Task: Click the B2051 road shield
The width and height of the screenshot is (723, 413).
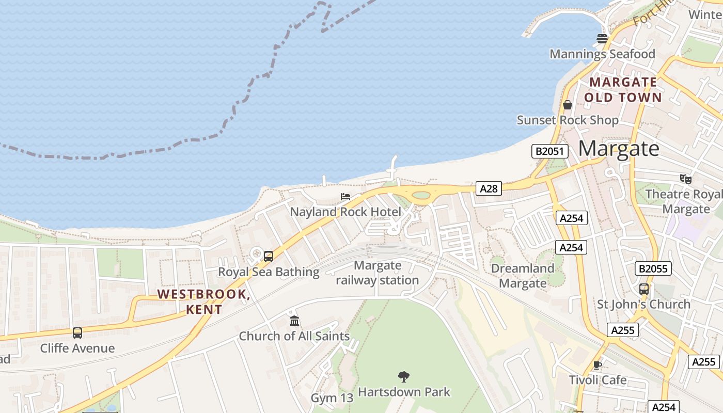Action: (x=550, y=151)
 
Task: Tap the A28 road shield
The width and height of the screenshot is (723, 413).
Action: (x=489, y=188)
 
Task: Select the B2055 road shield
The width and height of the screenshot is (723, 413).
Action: (x=654, y=268)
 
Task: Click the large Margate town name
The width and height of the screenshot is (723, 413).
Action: (x=619, y=149)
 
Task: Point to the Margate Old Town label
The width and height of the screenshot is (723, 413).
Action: (x=623, y=90)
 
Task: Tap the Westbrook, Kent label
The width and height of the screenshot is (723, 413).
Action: (x=204, y=301)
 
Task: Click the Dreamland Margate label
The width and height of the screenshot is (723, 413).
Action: (x=523, y=276)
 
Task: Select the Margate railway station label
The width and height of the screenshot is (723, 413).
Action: (x=378, y=273)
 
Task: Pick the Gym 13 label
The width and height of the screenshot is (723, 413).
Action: (x=332, y=398)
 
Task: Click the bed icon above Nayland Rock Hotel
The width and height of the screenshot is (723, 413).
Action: (x=345, y=197)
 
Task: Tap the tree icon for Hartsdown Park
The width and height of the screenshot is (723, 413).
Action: (x=404, y=377)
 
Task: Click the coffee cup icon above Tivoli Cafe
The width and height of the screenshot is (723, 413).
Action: (x=598, y=365)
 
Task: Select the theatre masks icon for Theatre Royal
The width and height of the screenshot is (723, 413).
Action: (x=686, y=179)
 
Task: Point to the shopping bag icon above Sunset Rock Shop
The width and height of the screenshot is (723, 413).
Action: (x=568, y=105)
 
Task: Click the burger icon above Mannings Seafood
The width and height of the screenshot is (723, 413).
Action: (x=602, y=38)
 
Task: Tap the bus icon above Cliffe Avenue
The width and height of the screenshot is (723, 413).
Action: (x=77, y=333)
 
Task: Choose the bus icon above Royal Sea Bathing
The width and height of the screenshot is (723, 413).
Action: (x=269, y=257)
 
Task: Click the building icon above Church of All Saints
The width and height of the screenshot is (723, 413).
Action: (x=294, y=321)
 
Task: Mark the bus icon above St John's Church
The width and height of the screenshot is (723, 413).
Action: (x=644, y=289)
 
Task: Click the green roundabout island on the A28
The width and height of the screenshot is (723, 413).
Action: (x=421, y=195)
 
